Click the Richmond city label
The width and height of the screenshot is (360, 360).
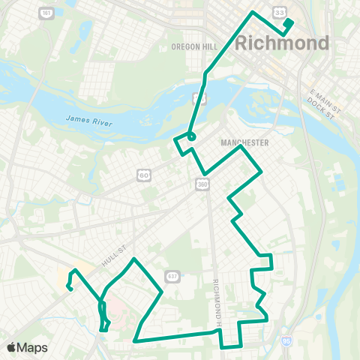[282, 43]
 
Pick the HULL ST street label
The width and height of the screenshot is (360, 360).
[111, 256]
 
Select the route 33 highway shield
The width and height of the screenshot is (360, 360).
[279, 12]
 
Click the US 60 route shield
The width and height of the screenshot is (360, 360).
[143, 175]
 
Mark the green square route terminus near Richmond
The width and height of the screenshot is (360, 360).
[288, 22]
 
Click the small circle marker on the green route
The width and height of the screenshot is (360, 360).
[191, 136]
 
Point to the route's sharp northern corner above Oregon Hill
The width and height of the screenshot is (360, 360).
[253, 12]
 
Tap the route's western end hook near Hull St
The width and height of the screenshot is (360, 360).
[68, 286]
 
